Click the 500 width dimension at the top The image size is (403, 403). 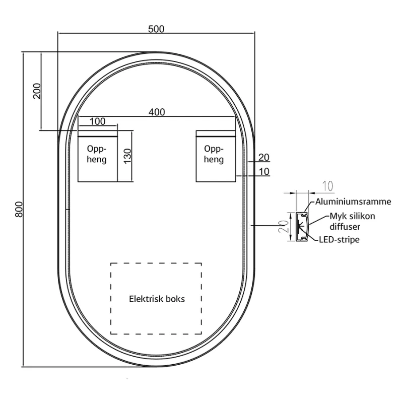pos(156,29)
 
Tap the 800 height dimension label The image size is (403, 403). pos(19,210)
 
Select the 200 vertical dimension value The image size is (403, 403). pos(37,91)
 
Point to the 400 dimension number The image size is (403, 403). pos(157,112)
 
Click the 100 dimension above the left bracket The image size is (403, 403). pos(97,121)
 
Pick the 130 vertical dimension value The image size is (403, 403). pos(127,156)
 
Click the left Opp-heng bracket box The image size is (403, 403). pos(98,156)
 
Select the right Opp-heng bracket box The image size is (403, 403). pos(216,156)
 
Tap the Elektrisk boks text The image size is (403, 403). pos(157,299)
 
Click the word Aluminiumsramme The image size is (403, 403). pos(353,201)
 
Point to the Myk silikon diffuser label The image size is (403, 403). pos(352,221)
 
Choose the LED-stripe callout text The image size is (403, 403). pos(339,240)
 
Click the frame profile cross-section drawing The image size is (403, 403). pos(302,227)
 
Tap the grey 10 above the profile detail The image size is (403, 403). pos(328,186)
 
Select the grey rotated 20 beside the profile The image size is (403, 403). pos(284,226)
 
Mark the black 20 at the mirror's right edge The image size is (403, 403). pos(263,157)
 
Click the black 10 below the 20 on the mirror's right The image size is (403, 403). pos(264,171)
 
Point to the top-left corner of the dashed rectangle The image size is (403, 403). pos(111,263)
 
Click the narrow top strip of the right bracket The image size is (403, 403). pos(216,133)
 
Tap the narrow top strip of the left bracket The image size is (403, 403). pos(98,133)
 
